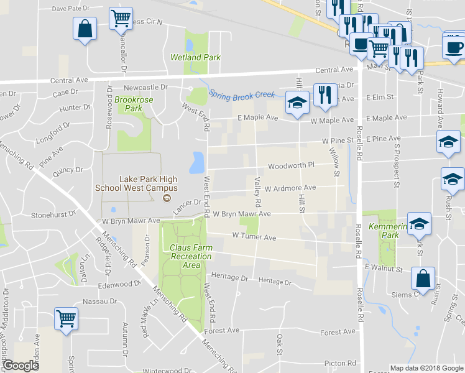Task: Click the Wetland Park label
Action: pos(195,57)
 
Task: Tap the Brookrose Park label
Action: pos(129,103)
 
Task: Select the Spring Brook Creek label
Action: pos(241,94)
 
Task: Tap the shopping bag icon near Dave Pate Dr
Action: pos(85,29)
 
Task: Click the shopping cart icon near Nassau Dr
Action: pos(66,319)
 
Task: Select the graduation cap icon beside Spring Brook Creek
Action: pos(297,102)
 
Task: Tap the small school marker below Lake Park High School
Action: pos(166,198)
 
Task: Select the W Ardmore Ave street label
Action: pos(290,188)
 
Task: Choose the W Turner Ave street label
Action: pos(254,237)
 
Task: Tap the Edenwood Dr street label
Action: pos(120,284)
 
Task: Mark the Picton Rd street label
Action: pos(342,363)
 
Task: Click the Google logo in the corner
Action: pos(21,366)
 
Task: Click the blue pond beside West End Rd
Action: pos(197,163)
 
